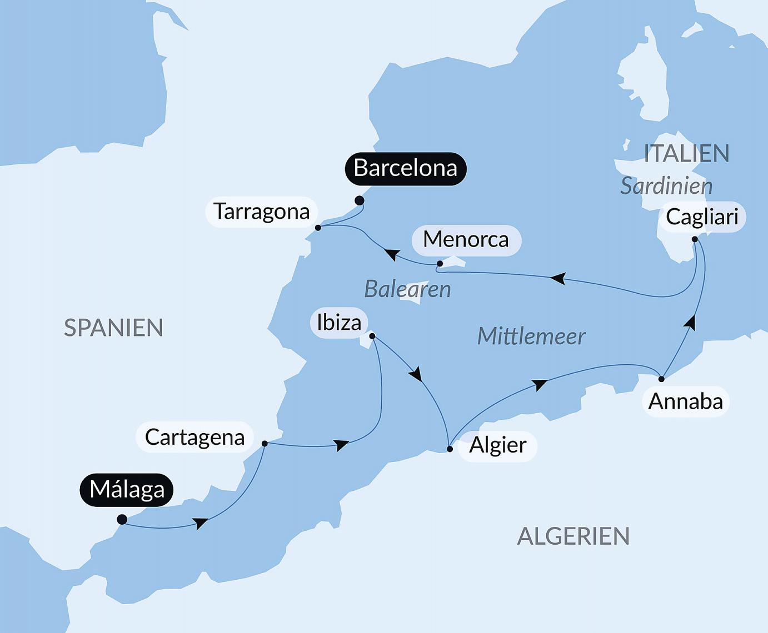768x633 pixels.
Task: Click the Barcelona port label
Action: [405, 168]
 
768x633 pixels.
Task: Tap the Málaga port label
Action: [127, 490]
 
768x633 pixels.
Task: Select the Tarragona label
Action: [261, 212]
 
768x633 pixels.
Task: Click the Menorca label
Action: [466, 240]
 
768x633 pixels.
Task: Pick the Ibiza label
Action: [338, 323]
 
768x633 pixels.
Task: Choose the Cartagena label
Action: [195, 438]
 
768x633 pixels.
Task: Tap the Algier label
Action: [497, 445]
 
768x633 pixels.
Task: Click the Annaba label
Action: [685, 401]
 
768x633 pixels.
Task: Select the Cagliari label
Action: [702, 217]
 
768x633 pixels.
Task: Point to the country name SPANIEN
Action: [113, 328]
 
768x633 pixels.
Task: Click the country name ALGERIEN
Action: [573, 536]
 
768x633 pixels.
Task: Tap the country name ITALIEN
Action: [686, 154]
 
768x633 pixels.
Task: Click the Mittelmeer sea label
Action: [531, 336]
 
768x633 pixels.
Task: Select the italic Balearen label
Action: [407, 289]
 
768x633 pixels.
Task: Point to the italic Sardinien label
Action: [666, 186]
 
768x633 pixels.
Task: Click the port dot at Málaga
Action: [122, 520]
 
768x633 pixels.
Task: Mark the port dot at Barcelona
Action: [360, 200]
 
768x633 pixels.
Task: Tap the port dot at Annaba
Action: [661, 379]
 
